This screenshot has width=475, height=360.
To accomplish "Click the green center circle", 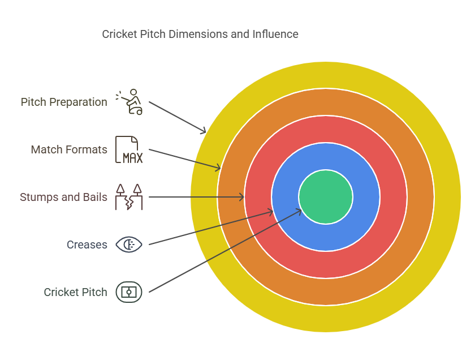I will (326, 197).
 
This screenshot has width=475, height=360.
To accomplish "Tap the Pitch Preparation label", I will (64, 102).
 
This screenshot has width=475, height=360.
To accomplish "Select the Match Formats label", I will (69, 150).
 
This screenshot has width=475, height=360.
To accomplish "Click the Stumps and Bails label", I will (63, 198).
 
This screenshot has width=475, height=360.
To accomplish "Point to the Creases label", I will (87, 245).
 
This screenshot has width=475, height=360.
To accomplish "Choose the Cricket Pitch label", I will (75, 293).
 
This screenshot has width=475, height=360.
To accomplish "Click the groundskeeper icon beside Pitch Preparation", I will (129, 102).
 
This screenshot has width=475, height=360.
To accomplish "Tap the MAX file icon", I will (129, 150).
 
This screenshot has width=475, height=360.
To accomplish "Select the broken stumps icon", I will (129, 197).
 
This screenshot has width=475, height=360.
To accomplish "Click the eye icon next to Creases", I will (129, 245).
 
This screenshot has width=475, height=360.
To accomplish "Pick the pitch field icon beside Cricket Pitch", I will (129, 292).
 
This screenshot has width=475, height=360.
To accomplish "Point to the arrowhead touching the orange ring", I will (218, 168).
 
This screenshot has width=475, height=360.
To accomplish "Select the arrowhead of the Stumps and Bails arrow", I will (241, 197).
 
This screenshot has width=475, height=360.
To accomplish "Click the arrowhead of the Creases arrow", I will (271, 213).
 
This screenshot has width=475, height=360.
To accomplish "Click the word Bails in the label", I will (95, 198).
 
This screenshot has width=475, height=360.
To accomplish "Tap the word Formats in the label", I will (88, 150).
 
